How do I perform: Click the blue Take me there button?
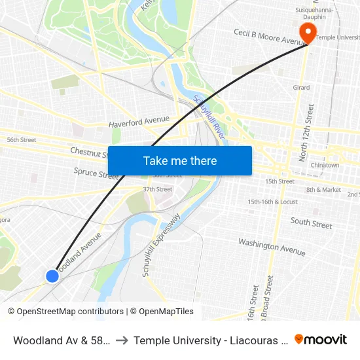pos(180,160)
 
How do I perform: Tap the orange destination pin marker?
pos(306,31)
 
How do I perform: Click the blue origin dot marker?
pos(52,276)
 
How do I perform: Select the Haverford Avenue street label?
pos(139,122)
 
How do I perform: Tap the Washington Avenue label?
pos(272,247)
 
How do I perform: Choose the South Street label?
pos(311,223)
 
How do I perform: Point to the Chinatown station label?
pos(325,166)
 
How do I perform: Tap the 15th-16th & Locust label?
pos(273,202)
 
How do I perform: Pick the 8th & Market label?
pos(323,190)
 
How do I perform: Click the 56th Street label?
pos(21,140)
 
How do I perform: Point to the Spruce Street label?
pos(96,173)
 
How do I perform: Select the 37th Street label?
pos(157,190)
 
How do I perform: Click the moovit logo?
pos(321,339)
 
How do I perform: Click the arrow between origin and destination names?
pos(122,340)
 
